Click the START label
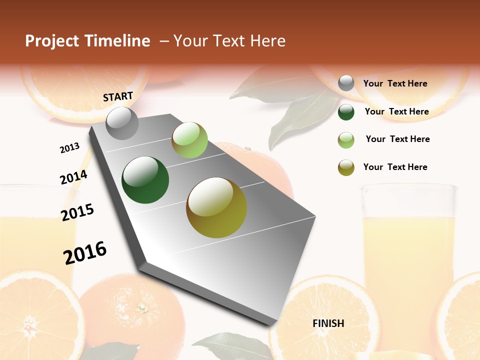118,96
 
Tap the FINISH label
328,323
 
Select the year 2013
69,148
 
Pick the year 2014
73,177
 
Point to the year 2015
77,212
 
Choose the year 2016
85,253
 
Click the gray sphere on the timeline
122,123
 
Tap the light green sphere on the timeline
189,140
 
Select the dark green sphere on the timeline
145,179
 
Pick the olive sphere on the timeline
216,207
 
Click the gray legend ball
346,83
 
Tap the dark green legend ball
346,112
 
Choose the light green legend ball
346,139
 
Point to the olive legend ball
346,167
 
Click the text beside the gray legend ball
395,84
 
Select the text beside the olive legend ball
395,167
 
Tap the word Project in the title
51,41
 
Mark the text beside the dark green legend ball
396,111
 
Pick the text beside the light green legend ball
397,139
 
